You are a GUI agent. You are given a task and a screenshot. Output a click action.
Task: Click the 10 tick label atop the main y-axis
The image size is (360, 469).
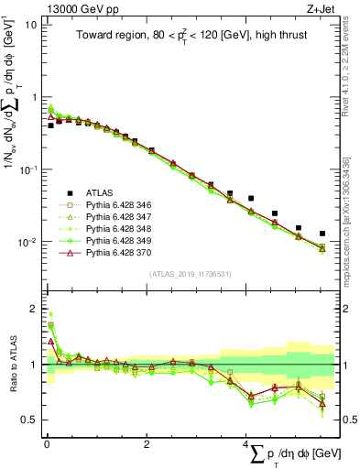tap(28, 24)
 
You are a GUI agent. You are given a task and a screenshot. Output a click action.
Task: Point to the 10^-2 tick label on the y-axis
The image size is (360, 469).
tap(27, 243)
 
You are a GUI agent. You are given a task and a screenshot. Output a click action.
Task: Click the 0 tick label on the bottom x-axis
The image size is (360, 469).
tap(47, 444)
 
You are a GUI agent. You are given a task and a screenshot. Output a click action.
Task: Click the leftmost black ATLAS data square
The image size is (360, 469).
tap(50, 125)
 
